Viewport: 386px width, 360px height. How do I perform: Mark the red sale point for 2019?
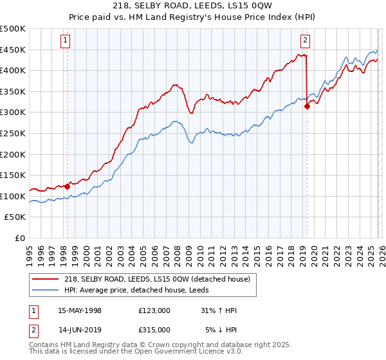[x=307, y=107]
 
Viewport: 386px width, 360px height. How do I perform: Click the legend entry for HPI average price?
[x=142, y=290]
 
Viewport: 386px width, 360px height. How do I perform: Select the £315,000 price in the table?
[x=154, y=329]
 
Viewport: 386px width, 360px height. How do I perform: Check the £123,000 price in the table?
[x=154, y=310]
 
